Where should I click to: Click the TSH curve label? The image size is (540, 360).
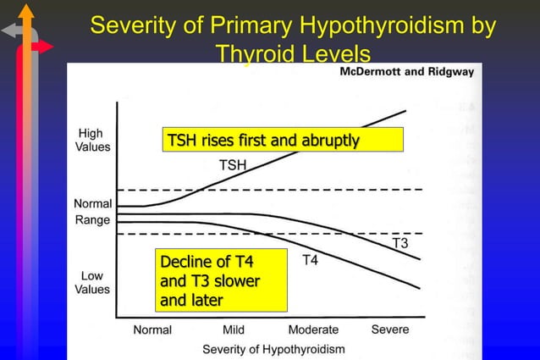coord(233,165)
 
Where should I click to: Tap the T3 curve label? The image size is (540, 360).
coord(400,244)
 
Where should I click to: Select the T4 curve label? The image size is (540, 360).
coord(311,260)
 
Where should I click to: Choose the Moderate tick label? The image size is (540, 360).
coord(313,330)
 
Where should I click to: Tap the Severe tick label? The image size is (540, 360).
coord(389,330)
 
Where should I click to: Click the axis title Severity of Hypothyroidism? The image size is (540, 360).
coord(273,348)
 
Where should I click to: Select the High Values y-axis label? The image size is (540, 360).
coord(91,140)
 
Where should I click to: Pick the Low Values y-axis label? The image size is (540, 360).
coord(91,282)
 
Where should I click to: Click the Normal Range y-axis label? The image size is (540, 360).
coord(92,212)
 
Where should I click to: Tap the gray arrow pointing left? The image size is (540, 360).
coord(12,31)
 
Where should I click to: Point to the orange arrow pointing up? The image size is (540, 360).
coord(26,12)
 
